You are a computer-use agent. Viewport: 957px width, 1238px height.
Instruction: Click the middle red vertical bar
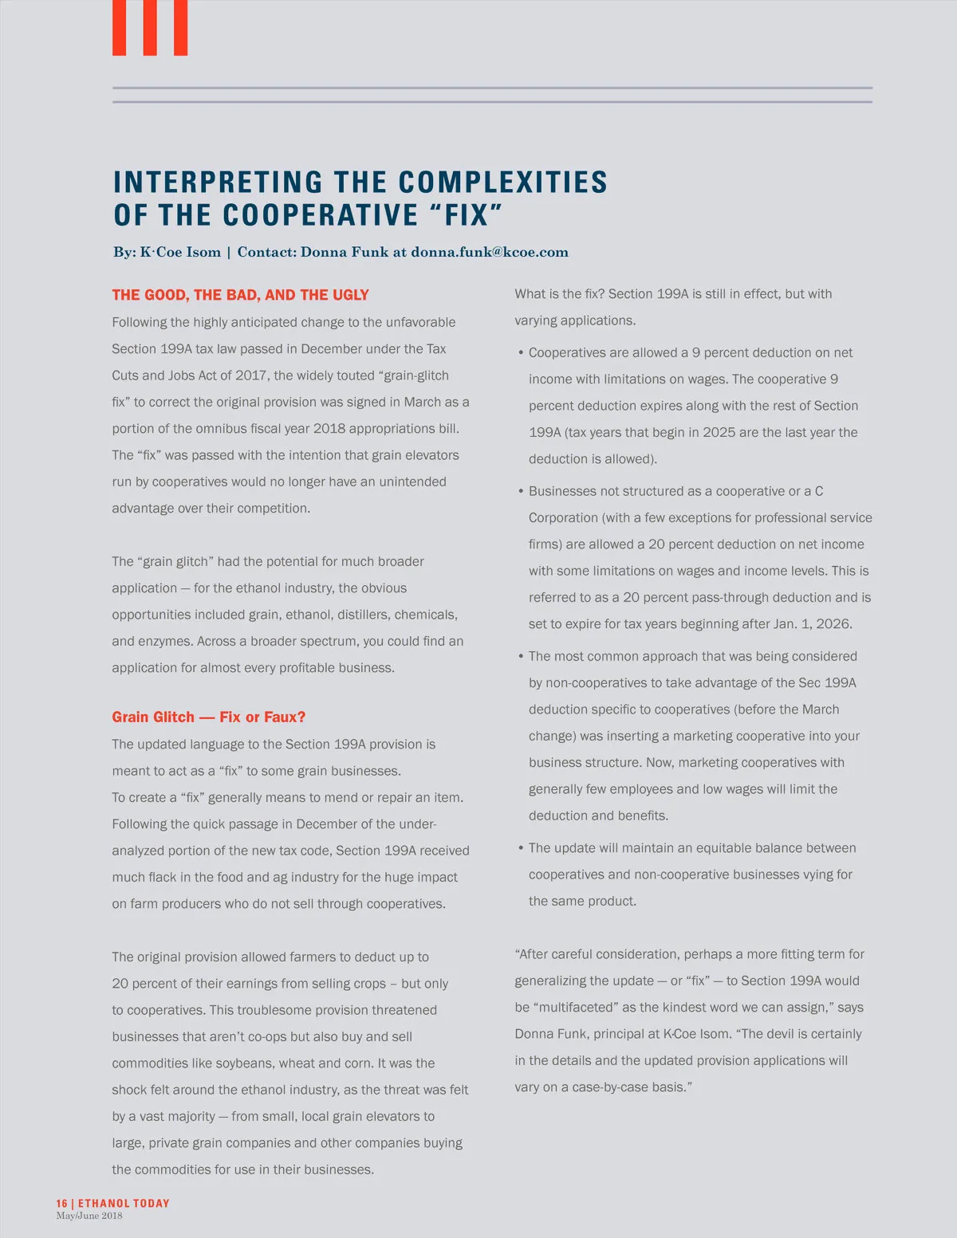pyautogui.click(x=150, y=27)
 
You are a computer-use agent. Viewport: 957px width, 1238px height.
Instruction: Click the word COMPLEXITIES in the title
pyautogui.click(x=502, y=183)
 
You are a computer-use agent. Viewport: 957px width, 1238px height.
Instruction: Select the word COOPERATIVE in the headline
pyautogui.click(x=321, y=215)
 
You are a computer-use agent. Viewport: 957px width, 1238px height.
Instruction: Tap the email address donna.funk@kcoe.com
pyautogui.click(x=490, y=253)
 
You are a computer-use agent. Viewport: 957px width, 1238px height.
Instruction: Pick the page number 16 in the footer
pyautogui.click(x=62, y=1204)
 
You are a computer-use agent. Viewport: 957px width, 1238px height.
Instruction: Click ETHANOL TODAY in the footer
pyautogui.click(x=124, y=1204)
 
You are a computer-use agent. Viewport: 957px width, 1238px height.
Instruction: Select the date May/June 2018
pyautogui.click(x=89, y=1216)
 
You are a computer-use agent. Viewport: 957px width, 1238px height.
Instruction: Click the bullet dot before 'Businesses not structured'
pyautogui.click(x=521, y=492)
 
